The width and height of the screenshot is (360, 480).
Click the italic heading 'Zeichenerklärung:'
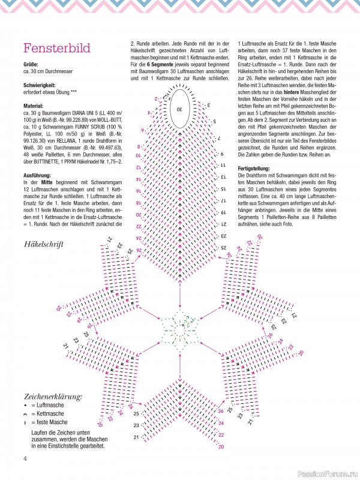click(x=53, y=397)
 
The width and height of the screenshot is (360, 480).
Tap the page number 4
click(x=26, y=460)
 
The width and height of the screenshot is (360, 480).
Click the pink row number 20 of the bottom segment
click(x=221, y=447)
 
